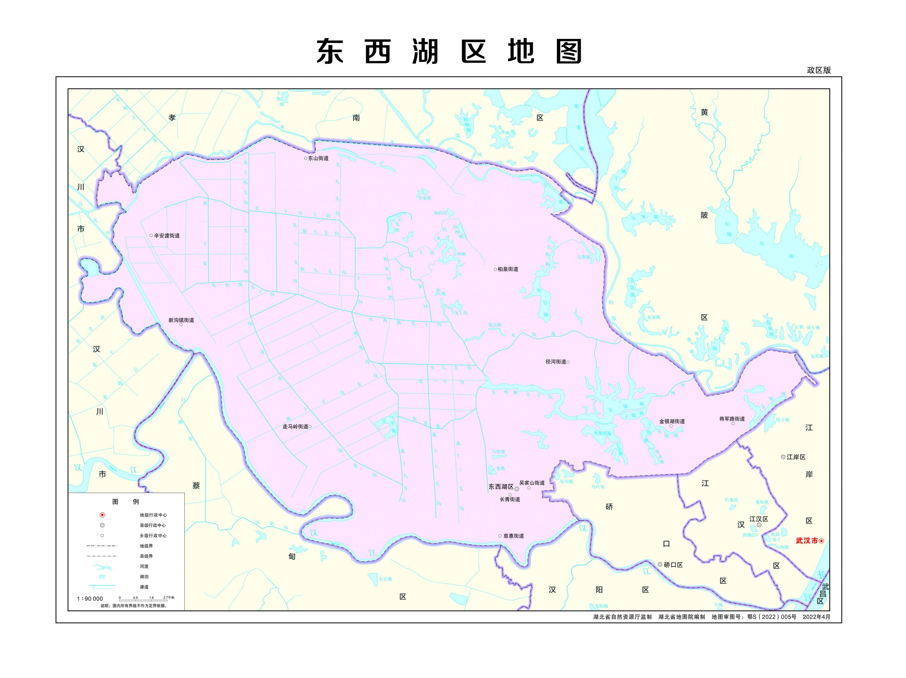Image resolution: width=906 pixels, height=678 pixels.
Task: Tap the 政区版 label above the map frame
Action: point(819,70)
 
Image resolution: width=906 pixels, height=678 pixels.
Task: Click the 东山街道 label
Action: point(318,158)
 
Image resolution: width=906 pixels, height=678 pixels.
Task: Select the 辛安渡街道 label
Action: point(167,236)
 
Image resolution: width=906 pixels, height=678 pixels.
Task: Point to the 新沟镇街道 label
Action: point(181,320)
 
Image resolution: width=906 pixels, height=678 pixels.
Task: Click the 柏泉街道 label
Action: point(508,269)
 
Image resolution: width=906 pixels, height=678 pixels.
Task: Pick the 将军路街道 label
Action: point(732,419)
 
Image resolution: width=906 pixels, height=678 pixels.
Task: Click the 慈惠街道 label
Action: point(514,536)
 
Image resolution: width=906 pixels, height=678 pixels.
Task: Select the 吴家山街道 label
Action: point(532,483)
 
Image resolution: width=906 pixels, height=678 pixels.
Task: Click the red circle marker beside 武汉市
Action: point(821,541)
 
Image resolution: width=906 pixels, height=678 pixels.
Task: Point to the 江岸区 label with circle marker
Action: point(796,457)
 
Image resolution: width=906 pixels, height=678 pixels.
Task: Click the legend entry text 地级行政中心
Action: point(153,515)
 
